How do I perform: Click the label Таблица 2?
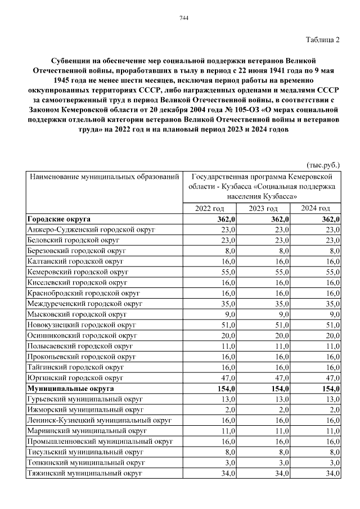tap(323, 39)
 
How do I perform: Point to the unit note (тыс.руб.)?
tap(323, 165)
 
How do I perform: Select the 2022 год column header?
tap(209, 209)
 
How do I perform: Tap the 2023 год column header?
tap(263, 209)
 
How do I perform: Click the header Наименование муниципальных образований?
tap(105, 177)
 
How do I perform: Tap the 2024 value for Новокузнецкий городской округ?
tap(333, 325)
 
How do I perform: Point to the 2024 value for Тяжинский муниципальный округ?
tap(333, 474)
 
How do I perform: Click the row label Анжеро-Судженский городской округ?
tap(91, 230)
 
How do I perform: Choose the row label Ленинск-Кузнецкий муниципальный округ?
tap(99, 420)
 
